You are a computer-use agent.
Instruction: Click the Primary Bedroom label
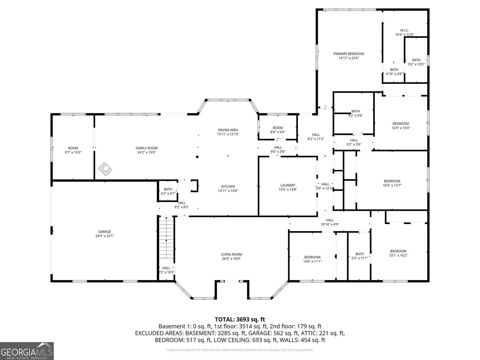coord(348,54)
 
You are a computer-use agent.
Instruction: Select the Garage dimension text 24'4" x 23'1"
coord(105,236)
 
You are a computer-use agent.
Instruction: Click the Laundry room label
coord(287,185)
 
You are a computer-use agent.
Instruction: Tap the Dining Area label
coord(228,130)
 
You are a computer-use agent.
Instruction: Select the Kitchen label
coord(228,187)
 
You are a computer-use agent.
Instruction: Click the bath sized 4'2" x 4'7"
coord(168,191)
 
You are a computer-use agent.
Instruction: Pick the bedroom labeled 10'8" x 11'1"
coord(312,259)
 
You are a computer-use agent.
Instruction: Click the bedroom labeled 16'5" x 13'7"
coord(392,183)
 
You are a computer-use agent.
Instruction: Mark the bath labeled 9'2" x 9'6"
coord(355,113)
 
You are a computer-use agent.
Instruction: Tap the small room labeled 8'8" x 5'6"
coord(277,130)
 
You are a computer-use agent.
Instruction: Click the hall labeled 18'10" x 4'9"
coord(330,222)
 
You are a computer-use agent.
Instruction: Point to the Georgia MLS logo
coord(27,351)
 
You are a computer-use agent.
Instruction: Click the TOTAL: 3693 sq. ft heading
coord(240,319)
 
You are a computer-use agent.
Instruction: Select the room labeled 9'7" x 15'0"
coord(73,150)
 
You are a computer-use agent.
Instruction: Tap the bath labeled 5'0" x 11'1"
coord(360,256)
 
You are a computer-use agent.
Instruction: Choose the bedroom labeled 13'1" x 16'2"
coord(398,253)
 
